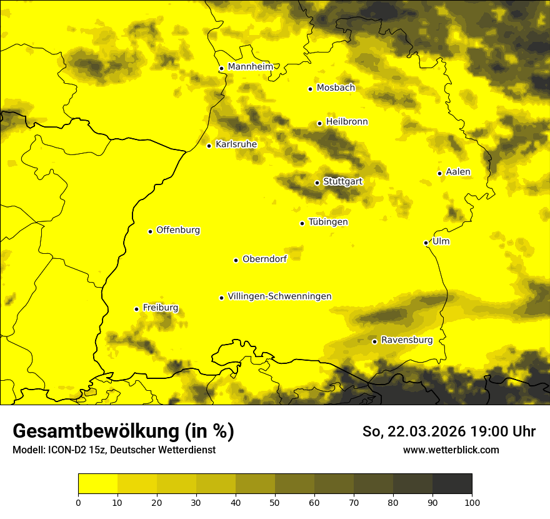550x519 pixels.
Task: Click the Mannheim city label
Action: point(251,66)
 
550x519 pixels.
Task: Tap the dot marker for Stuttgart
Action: point(317,183)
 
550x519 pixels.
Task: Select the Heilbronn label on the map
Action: point(347,121)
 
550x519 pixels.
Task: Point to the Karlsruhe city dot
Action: point(209,146)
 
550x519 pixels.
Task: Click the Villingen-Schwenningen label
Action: point(279,296)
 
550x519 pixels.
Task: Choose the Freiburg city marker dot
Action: point(136,309)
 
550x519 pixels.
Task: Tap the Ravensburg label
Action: point(406,340)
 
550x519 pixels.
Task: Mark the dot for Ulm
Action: point(426,243)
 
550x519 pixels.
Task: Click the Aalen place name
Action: point(458,171)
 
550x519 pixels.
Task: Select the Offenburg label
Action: point(178,229)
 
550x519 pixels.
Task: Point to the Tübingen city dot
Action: point(302,223)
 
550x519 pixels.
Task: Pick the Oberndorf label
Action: point(264,259)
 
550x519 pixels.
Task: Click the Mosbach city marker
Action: point(310,89)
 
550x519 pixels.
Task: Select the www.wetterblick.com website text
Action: point(451,450)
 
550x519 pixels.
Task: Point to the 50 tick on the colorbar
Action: point(275,501)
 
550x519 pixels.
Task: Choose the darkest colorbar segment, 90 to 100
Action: point(452,483)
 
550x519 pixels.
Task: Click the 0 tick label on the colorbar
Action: point(78,501)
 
